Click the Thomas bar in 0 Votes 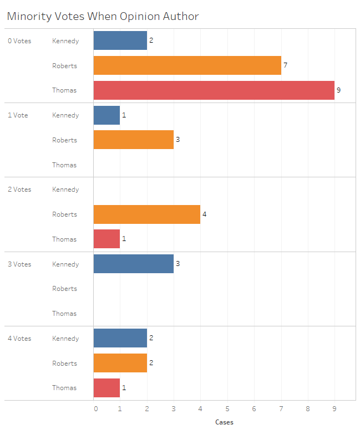[214, 90]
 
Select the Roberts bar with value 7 [187, 65]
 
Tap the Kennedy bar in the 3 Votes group [133, 264]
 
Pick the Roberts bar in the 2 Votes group [146, 214]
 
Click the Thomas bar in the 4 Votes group [107, 388]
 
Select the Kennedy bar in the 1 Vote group [107, 115]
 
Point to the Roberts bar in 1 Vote [133, 140]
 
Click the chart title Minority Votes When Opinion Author [103, 17]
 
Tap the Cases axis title [224, 422]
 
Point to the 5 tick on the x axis [227, 409]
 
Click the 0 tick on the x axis [95, 409]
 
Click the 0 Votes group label [19, 41]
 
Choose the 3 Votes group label [19, 264]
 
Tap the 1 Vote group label [18, 115]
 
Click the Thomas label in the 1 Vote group [64, 165]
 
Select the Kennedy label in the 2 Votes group [65, 190]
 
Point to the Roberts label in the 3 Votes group [65, 289]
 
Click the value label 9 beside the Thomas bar [338, 90]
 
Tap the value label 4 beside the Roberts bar [204, 214]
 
